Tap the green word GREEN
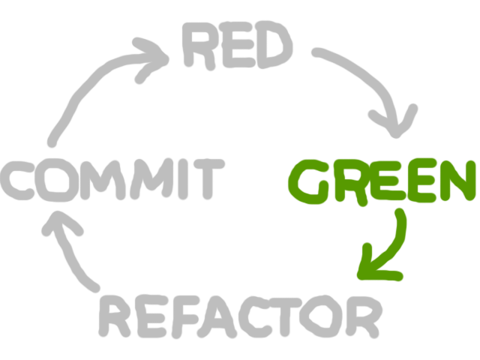click(x=382, y=182)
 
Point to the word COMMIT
click(x=112, y=181)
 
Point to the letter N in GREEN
click(x=457, y=181)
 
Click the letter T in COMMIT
click(x=205, y=181)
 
